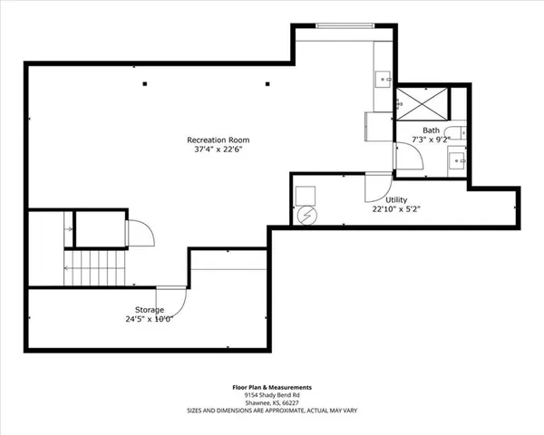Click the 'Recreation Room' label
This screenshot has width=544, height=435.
[218, 140]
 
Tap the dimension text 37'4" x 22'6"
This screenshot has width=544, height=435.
[218, 150]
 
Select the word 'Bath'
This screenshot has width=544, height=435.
[431, 130]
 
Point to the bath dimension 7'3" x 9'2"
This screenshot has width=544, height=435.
[431, 140]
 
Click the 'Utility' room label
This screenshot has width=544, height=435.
[396, 198]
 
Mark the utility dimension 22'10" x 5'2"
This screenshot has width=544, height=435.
[396, 208]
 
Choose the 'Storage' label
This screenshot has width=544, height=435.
[150, 310]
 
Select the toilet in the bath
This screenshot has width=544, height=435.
[457, 136]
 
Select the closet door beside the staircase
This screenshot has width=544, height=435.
[137, 233]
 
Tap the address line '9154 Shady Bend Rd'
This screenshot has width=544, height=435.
[272, 395]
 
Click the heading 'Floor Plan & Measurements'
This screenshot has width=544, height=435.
[272, 387]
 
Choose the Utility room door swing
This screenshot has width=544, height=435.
[375, 188]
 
